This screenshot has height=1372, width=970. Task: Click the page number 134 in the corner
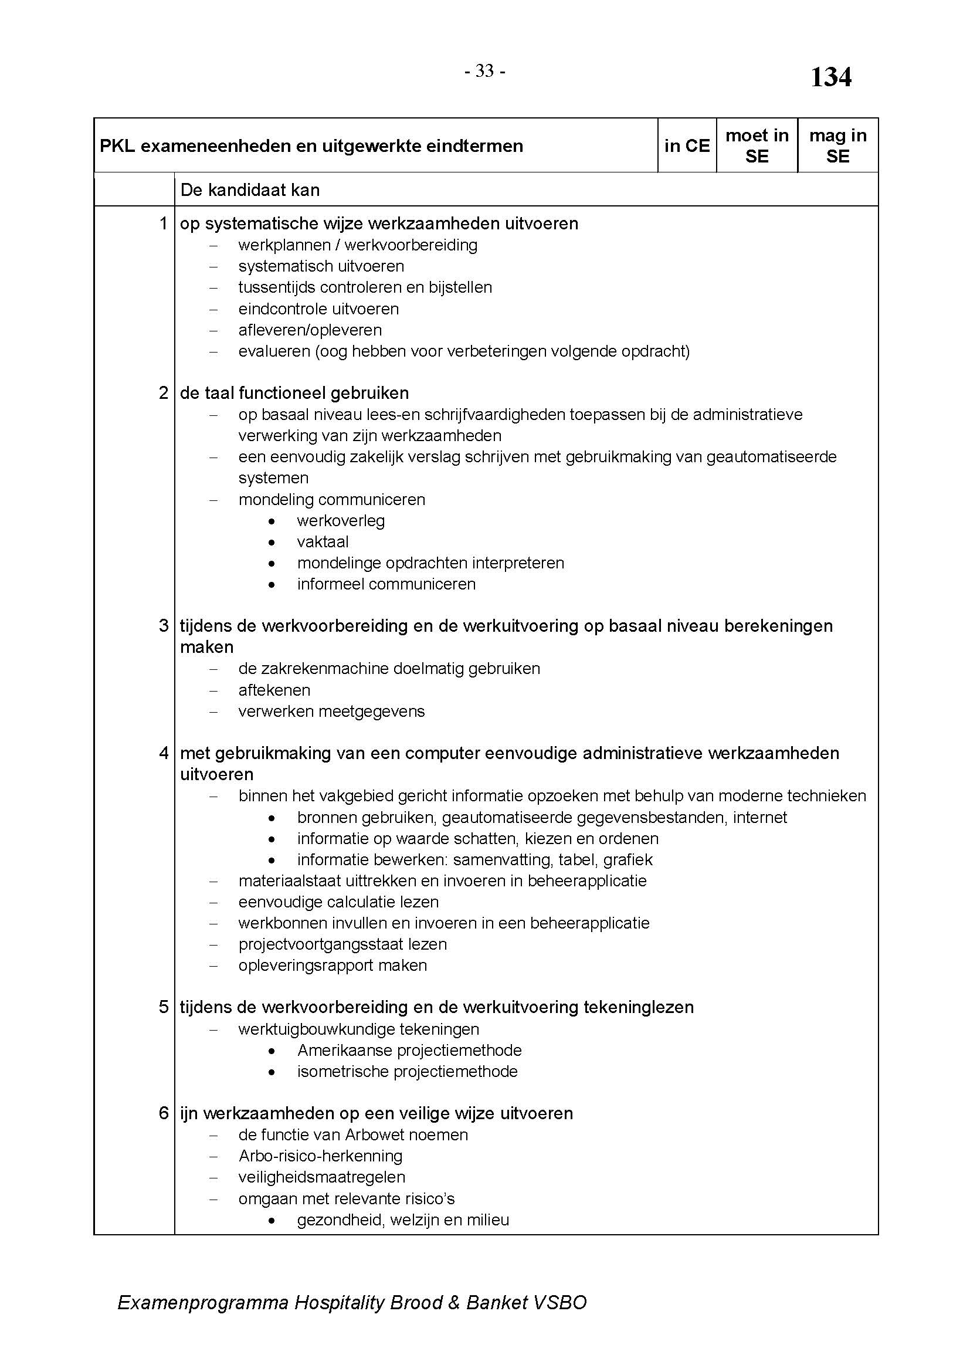click(x=831, y=77)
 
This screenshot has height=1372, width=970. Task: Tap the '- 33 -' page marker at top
click(x=485, y=72)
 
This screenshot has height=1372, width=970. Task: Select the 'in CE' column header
click(x=687, y=146)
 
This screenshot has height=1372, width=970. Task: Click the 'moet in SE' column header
click(x=757, y=146)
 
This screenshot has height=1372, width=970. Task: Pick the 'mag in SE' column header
click(x=837, y=146)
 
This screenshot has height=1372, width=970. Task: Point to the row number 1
click(x=164, y=223)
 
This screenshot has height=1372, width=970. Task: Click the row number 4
click(x=164, y=753)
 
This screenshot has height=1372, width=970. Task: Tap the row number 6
click(x=164, y=1113)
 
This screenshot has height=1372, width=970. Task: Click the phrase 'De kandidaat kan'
click(x=250, y=190)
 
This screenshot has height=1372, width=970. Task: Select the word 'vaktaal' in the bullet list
click(x=323, y=542)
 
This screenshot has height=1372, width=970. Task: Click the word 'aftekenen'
click(x=274, y=690)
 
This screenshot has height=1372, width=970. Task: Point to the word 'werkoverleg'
click(x=341, y=521)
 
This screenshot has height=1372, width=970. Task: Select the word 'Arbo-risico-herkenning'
click(x=320, y=1156)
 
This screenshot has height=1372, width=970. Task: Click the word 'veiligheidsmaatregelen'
click(x=321, y=1177)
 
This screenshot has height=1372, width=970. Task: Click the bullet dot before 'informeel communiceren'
click(x=272, y=584)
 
